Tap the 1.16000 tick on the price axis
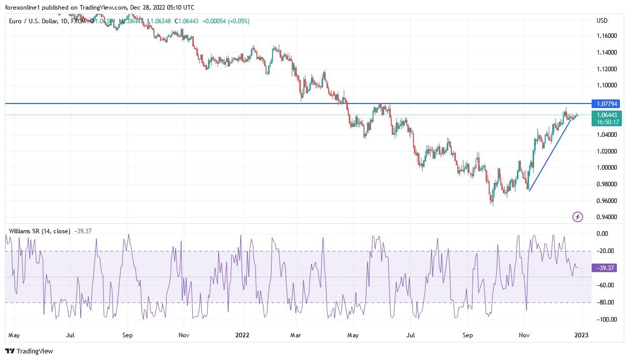click(607, 36)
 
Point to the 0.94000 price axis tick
click(607, 217)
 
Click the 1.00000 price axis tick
click(607, 168)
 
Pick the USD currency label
click(602, 21)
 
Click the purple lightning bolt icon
click(578, 217)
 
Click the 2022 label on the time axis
click(242, 335)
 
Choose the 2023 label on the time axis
click(581, 335)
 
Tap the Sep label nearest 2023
click(467, 335)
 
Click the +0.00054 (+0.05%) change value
click(226, 21)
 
